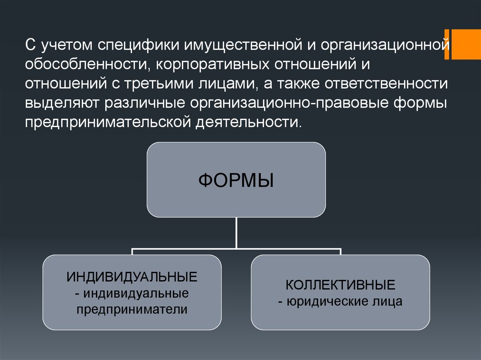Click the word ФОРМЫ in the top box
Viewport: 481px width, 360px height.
point(236,181)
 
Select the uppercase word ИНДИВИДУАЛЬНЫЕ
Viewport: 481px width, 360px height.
point(132,276)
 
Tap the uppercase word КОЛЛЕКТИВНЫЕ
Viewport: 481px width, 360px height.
point(340,285)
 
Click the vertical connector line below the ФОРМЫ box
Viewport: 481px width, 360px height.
point(236,232)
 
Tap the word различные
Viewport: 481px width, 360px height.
point(139,103)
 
